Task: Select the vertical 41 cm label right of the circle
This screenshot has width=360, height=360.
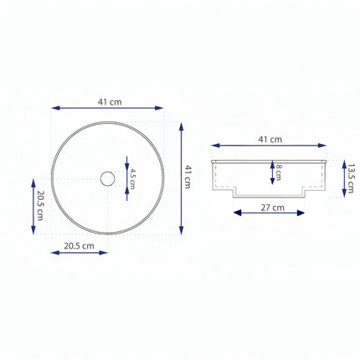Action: (190, 178)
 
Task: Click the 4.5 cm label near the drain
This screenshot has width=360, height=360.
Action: (131, 178)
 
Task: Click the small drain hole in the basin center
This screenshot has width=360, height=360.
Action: (106, 178)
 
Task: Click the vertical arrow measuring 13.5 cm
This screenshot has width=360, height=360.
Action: (343, 180)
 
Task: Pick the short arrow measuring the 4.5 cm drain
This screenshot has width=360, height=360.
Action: (125, 177)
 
